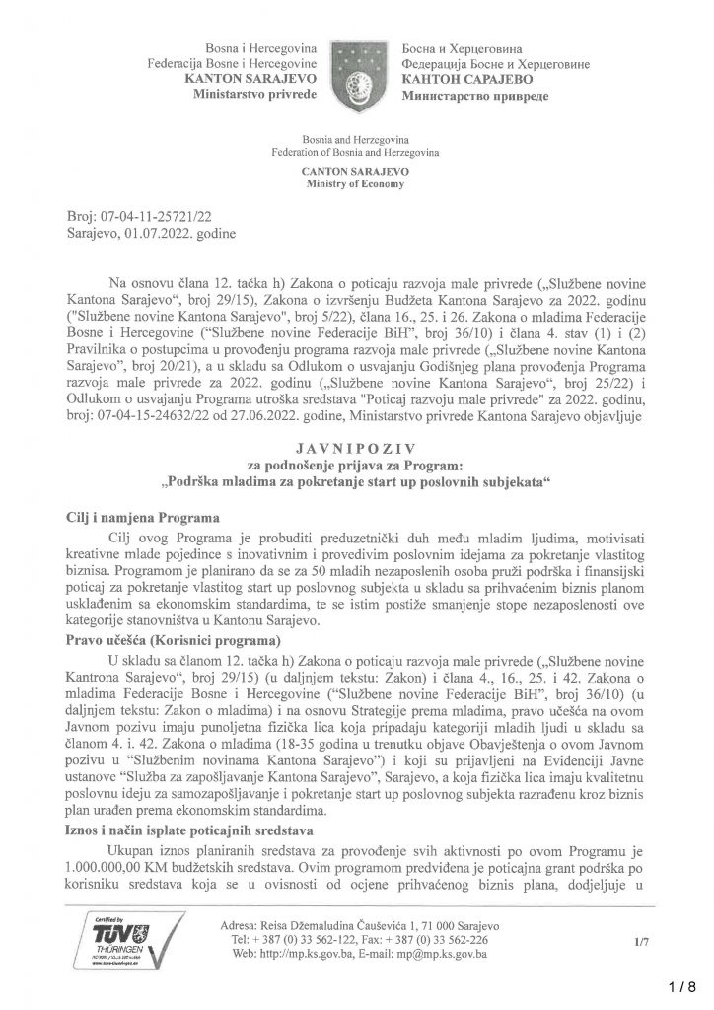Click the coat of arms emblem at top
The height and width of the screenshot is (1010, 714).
[356, 73]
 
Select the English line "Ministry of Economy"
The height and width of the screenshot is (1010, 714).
[356, 182]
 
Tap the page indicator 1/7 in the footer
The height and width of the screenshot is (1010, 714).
[643, 942]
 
